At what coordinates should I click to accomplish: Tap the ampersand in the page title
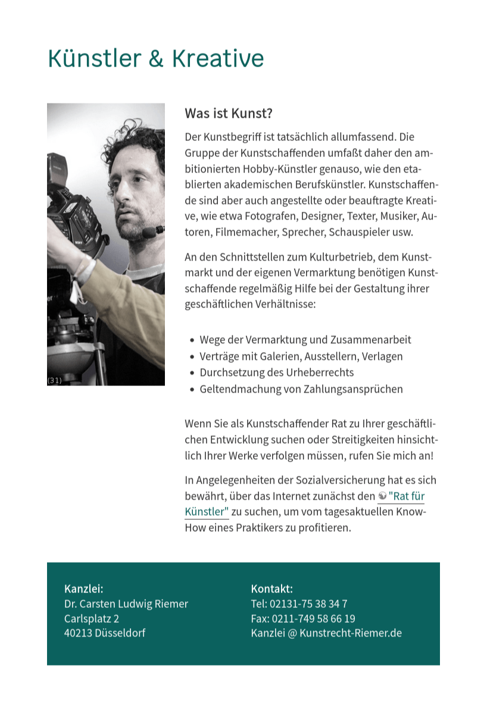(155, 59)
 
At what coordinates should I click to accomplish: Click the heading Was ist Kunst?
(228, 113)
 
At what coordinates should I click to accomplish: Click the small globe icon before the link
(382, 495)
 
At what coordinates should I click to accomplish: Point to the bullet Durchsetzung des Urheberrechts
(276, 372)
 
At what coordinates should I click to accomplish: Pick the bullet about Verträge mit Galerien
(301, 356)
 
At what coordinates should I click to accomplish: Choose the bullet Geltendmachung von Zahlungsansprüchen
(301, 389)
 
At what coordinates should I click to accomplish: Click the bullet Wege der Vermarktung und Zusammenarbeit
(305, 340)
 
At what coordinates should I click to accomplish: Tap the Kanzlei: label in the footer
(83, 589)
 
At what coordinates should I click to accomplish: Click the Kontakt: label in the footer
(271, 589)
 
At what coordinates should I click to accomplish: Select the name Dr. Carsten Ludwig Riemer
(126, 604)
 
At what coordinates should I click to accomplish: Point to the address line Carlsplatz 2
(91, 619)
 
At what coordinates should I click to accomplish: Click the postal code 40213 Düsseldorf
(104, 633)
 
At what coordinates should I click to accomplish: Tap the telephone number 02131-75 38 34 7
(308, 604)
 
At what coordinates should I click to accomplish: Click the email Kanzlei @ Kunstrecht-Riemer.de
(326, 633)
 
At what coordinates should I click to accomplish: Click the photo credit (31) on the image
(54, 380)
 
